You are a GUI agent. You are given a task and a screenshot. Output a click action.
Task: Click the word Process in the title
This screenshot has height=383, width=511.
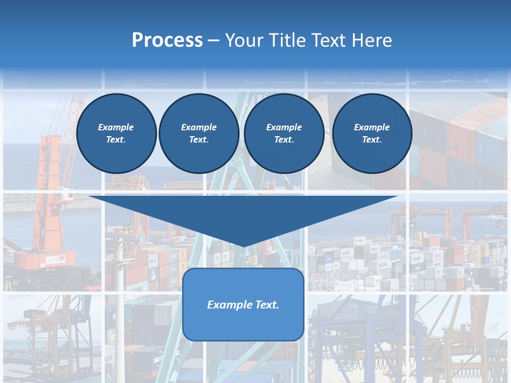pos(167,40)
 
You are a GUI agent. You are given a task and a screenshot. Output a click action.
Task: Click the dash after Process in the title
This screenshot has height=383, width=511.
pos(214,41)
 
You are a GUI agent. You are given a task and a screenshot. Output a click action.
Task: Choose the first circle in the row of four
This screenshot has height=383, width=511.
pos(116,134)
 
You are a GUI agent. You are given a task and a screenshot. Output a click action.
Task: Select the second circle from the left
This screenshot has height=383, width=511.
pos(199,134)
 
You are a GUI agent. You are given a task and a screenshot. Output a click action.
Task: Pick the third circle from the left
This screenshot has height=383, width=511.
pos(284,134)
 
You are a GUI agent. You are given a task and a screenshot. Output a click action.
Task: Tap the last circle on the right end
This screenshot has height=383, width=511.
pos(372,134)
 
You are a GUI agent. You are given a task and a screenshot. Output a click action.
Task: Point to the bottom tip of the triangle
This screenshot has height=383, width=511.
pos(244,245)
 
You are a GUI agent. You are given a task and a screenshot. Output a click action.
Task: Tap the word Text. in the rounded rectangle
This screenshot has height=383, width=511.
pos(266,305)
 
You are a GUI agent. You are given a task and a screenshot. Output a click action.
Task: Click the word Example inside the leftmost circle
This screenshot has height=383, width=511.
pos(116,127)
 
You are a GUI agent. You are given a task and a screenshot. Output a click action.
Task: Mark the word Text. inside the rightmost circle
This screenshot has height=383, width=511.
pos(372,140)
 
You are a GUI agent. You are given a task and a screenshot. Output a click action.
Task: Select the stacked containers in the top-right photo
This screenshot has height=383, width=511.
pos(463,138)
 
